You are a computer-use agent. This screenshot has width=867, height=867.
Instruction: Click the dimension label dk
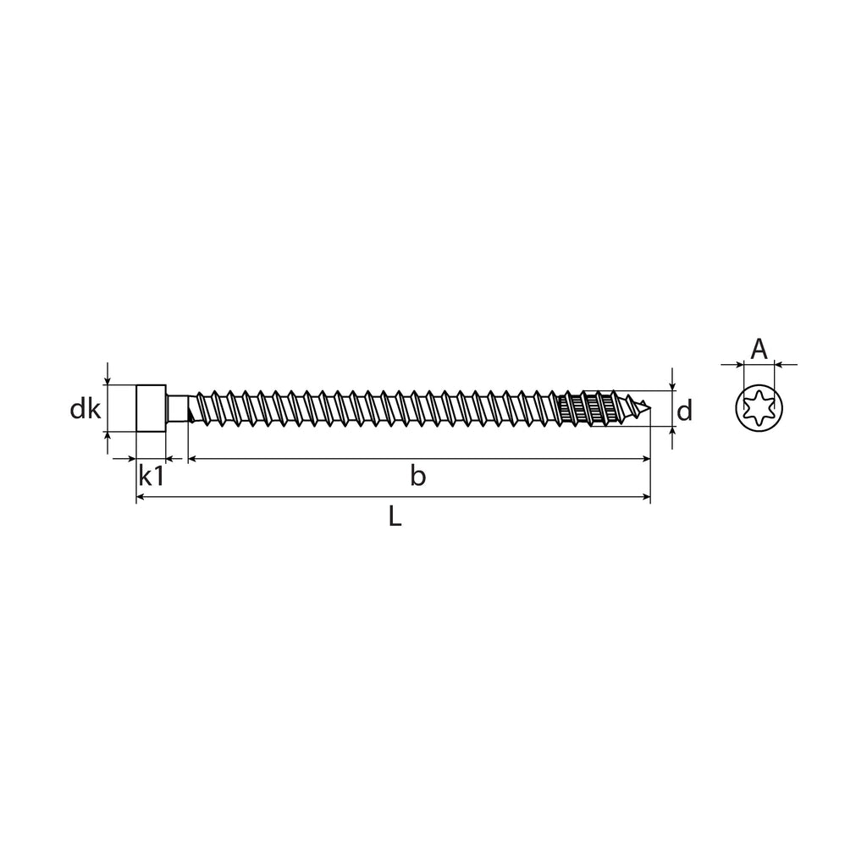pos(86,410)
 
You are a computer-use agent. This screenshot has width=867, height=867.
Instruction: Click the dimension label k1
pos(151,476)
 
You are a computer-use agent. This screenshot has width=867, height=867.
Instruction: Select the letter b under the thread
pos(418,476)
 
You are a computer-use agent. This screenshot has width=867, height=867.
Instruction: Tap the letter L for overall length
pos(395,516)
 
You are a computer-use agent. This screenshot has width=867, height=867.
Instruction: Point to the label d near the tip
pos(684,411)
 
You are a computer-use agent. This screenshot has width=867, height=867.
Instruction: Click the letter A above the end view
pos(759,349)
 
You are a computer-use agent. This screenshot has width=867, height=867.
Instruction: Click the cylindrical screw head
pos(151,408)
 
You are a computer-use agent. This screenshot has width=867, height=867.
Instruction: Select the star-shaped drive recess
pos(759,408)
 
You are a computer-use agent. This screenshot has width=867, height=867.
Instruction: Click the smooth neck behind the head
pos(177,408)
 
